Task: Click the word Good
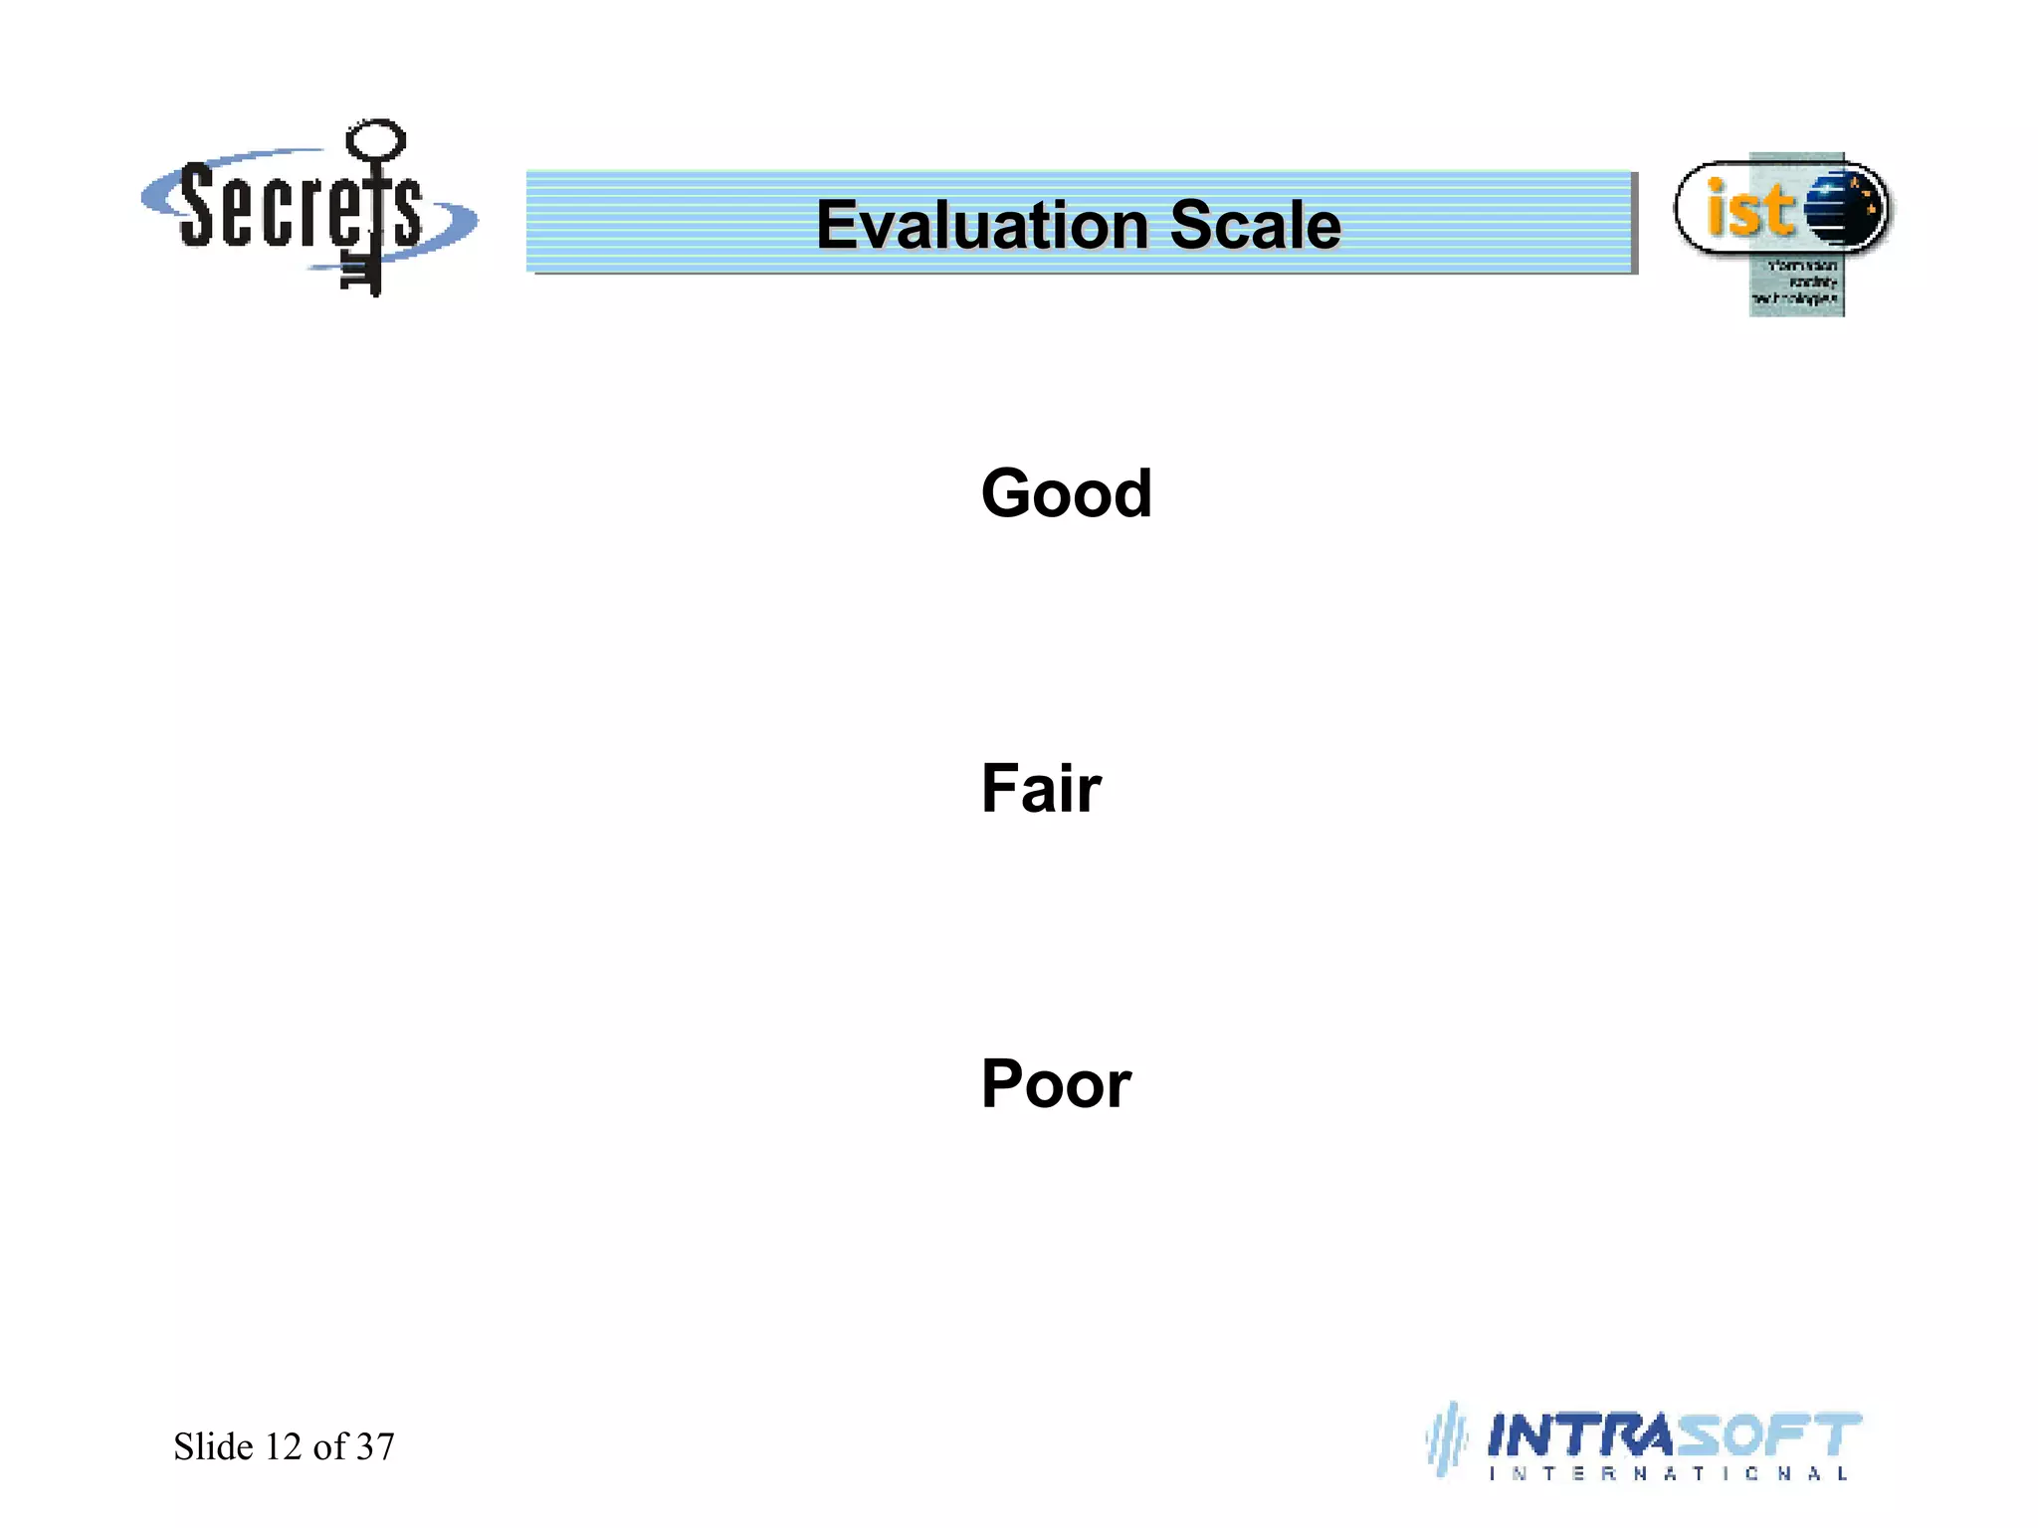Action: point(1066,493)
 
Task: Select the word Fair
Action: point(1041,788)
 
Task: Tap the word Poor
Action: point(1056,1083)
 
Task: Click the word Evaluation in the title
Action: point(982,225)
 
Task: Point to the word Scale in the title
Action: point(1255,225)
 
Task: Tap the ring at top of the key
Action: point(375,140)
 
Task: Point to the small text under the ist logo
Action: point(1799,283)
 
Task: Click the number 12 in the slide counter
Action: point(283,1446)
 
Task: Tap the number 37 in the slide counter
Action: point(375,1446)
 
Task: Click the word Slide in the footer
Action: point(213,1446)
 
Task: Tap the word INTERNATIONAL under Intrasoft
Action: point(1668,1474)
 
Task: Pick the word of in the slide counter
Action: point(328,1446)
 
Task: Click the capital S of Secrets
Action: point(199,206)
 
